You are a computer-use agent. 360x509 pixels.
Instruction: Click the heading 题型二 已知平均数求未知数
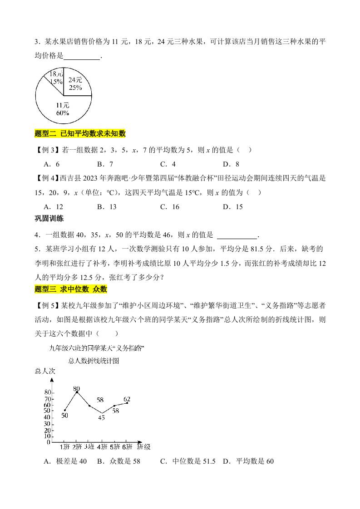80,133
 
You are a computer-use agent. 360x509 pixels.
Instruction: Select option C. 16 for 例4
169,207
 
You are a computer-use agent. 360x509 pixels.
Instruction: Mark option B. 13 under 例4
107,207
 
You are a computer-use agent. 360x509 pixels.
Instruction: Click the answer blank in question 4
237,235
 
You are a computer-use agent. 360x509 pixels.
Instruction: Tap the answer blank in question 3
82,57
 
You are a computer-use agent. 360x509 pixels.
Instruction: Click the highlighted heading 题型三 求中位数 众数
71,289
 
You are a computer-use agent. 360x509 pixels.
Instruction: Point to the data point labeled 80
77,392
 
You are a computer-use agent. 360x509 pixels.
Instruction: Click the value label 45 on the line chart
101,417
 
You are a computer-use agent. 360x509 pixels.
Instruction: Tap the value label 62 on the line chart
127,399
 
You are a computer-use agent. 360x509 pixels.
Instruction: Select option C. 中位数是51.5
187,461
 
